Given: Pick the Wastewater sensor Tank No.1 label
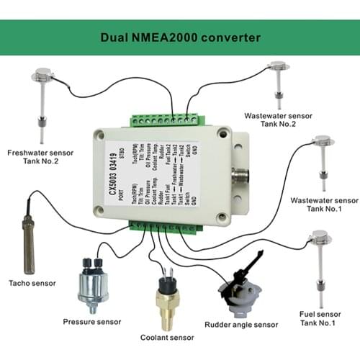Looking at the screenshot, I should pyautogui.click(x=322, y=204).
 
